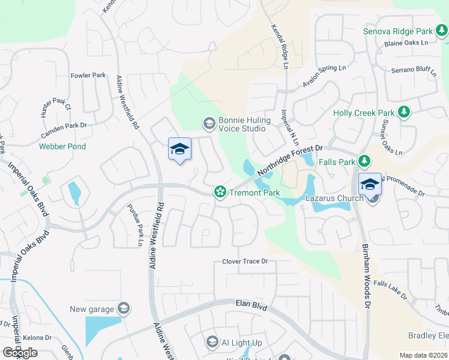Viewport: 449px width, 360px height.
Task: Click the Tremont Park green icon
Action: [x=220, y=193]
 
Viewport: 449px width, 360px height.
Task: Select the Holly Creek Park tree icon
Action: [x=404, y=113]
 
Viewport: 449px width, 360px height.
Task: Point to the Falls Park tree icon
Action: [x=363, y=161]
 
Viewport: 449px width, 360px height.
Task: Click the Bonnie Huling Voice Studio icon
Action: [x=209, y=124]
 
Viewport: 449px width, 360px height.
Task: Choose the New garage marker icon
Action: [x=123, y=309]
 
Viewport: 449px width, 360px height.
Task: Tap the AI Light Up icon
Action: [x=212, y=343]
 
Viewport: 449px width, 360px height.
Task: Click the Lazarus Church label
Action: [x=334, y=198]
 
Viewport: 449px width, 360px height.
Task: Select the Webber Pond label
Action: [x=62, y=146]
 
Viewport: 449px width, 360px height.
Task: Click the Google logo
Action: [x=20, y=353]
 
